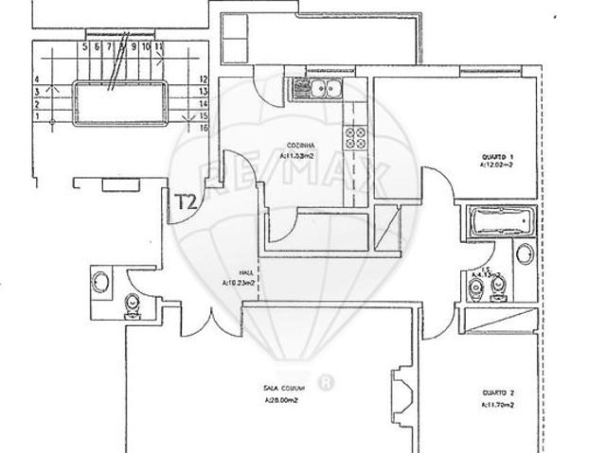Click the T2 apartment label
pyautogui.click(x=186, y=200)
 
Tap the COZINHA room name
pyautogui.click(x=301, y=146)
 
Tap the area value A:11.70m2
pyautogui.click(x=496, y=407)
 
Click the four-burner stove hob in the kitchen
pyautogui.click(x=356, y=139)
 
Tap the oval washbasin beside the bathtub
pyautogui.click(x=523, y=253)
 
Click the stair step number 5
pyautogui.click(x=85, y=45)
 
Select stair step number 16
pyautogui.click(x=205, y=125)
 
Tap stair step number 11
pyautogui.click(x=160, y=45)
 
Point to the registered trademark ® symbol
pyautogui.click(x=328, y=382)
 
